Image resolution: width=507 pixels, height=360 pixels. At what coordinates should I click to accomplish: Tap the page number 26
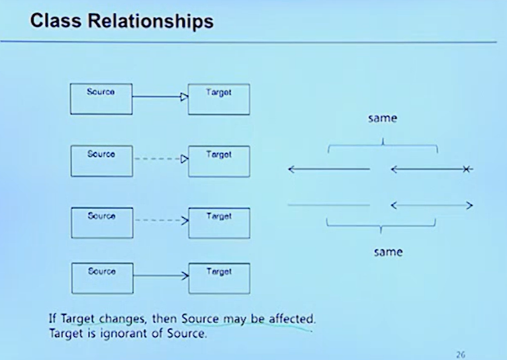point(460,354)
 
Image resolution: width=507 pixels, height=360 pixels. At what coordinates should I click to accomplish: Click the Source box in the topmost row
point(101,98)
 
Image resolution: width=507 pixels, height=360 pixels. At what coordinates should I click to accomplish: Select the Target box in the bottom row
point(218,278)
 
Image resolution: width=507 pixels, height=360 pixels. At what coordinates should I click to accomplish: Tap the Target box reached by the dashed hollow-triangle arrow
point(218,161)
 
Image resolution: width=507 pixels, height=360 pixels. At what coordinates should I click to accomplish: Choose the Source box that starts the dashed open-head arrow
point(101,222)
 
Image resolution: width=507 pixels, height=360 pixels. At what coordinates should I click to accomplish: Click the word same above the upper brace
point(382,119)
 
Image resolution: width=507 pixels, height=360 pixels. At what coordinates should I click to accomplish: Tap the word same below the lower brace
point(387,252)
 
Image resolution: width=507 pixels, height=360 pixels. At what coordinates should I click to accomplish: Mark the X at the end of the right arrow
point(467,170)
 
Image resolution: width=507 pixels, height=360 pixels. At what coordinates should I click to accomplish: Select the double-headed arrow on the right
point(432,205)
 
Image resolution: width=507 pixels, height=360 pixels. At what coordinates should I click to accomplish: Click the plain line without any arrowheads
point(328,205)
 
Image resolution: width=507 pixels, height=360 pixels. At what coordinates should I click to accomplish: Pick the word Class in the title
point(56,22)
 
